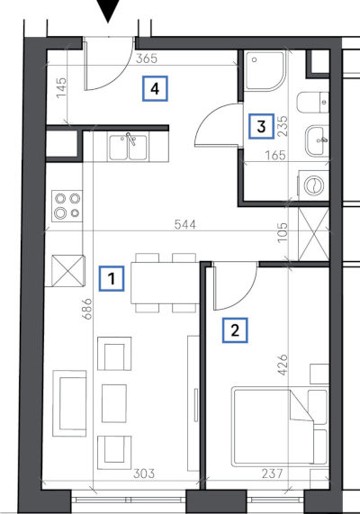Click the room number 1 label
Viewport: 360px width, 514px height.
click(112, 279)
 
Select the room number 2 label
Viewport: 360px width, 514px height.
click(235, 330)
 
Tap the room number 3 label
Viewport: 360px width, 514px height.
click(261, 126)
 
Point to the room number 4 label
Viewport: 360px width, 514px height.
click(155, 88)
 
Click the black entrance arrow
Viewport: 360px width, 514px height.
click(109, 11)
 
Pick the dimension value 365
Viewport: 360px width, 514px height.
click(147, 59)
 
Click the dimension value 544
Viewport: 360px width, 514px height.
click(185, 224)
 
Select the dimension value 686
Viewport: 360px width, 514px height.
click(87, 309)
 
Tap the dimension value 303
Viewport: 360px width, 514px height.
click(144, 473)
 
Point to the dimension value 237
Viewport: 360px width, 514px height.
click(272, 473)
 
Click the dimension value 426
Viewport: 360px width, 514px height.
click(283, 365)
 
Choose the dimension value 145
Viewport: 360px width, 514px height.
click(61, 87)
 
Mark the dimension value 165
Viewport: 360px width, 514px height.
click(274, 155)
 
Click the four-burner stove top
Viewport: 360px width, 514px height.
click(67, 206)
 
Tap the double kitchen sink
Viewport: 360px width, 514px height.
click(129, 148)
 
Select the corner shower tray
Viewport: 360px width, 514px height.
click(265, 70)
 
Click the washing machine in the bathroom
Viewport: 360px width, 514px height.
click(313, 185)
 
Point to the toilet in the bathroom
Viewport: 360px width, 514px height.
click(313, 103)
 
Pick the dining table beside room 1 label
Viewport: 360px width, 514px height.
click(166, 283)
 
